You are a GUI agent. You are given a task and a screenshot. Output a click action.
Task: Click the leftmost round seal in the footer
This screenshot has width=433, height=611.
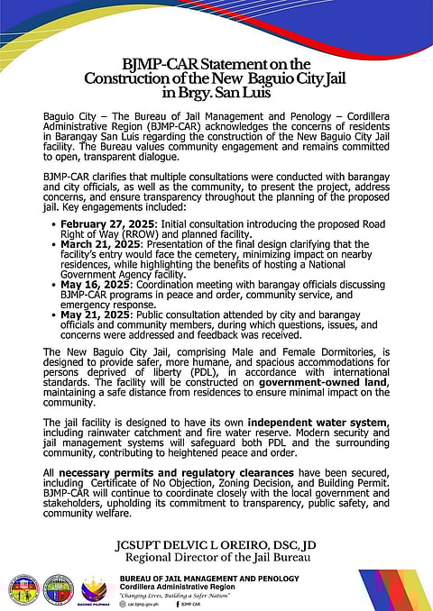point(22,588)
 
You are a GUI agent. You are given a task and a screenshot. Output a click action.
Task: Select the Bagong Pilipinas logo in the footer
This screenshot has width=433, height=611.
point(95,588)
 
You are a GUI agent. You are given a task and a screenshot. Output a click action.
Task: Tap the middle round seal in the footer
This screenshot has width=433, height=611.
point(58,588)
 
